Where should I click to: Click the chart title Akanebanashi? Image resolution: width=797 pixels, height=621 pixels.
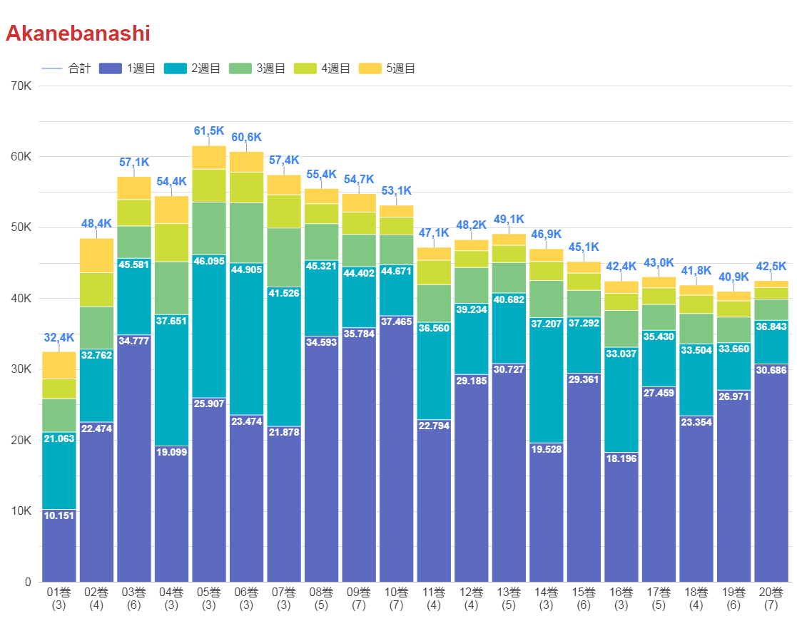(x=78, y=34)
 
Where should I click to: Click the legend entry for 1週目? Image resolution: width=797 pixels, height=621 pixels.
(x=128, y=68)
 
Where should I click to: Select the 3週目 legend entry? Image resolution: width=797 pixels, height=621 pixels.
(x=257, y=68)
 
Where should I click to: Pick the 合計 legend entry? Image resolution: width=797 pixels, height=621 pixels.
(x=67, y=68)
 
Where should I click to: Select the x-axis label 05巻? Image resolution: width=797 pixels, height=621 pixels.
(x=209, y=592)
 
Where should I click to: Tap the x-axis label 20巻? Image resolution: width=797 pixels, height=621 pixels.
(x=771, y=592)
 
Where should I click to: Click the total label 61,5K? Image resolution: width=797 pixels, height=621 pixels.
(x=209, y=131)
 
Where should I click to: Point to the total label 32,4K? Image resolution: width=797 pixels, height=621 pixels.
(x=59, y=337)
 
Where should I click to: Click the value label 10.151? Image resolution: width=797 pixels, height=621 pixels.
(x=59, y=515)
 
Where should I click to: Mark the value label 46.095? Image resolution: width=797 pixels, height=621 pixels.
(x=209, y=262)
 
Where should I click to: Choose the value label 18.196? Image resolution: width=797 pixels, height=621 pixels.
(x=621, y=458)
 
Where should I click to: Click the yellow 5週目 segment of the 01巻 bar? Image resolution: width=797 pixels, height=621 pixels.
(x=59, y=365)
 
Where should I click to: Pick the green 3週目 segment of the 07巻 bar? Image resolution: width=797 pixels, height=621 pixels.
(x=284, y=257)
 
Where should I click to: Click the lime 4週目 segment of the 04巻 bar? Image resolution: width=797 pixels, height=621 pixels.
(x=171, y=242)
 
